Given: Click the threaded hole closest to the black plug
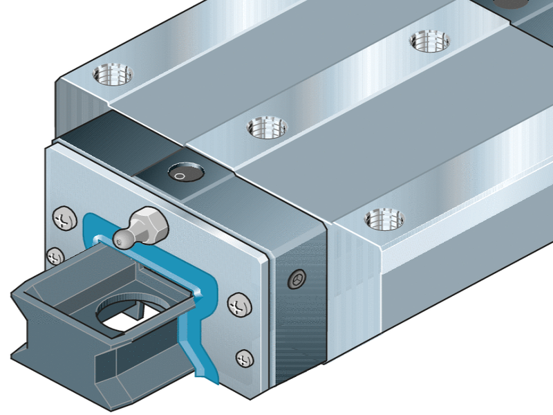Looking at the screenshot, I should (x=268, y=126).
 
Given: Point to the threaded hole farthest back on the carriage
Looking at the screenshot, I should (x=429, y=39).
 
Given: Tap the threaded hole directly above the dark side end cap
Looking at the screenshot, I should (x=384, y=219).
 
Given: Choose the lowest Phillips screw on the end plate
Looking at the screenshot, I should (x=243, y=358).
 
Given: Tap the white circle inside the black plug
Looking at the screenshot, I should (x=179, y=176).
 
